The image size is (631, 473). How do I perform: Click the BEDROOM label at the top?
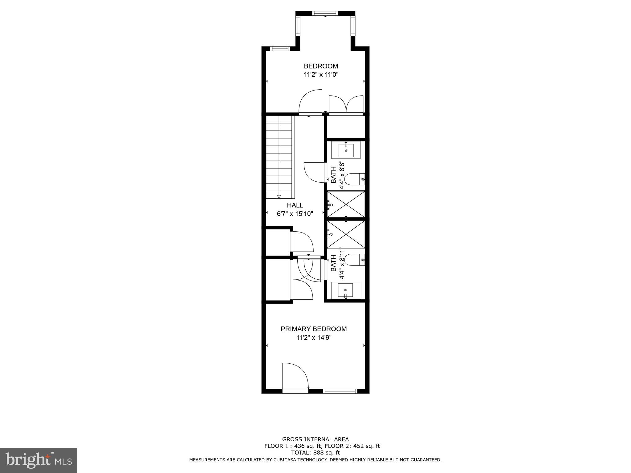[321, 66]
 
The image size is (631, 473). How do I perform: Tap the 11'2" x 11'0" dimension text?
[321, 75]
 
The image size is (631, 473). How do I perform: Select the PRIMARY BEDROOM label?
[314, 329]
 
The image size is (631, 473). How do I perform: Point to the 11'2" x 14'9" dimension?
[314, 338]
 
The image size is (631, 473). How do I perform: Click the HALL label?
[295, 205]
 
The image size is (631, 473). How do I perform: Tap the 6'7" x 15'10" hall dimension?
[295, 213]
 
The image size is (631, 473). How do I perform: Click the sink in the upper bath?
[346, 151]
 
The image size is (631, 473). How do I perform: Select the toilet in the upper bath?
[354, 179]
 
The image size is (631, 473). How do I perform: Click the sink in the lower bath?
[345, 290]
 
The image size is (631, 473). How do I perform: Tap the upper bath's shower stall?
[346, 204]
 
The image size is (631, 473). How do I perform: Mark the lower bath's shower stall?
[346, 234]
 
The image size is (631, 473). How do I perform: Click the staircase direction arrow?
[279, 196]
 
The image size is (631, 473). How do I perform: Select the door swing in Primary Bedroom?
[295, 376]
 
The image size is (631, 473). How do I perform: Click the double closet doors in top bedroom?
[346, 105]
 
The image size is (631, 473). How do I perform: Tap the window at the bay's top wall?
[325, 13]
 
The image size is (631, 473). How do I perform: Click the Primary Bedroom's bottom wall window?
[340, 391]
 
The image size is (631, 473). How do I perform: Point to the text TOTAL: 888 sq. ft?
[315, 453]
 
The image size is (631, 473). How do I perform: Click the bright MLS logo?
[39, 460]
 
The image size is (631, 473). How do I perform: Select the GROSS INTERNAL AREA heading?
[315, 439]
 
